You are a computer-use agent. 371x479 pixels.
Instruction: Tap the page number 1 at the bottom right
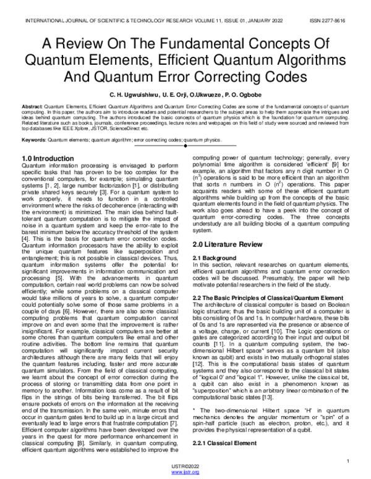[349, 460]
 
